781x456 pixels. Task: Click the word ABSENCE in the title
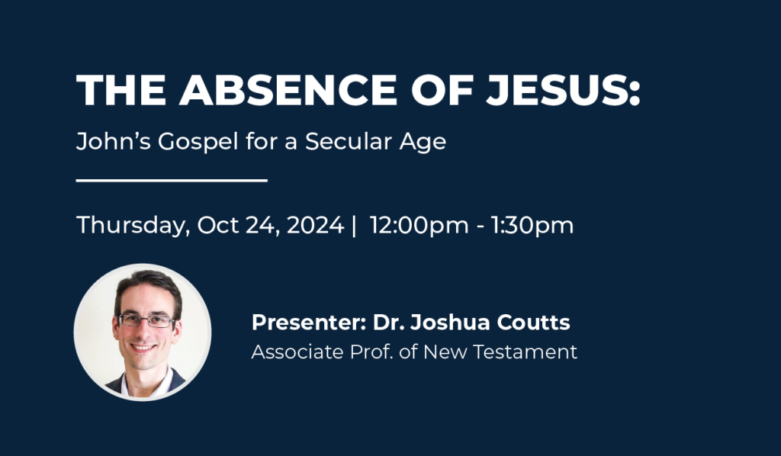coord(288,90)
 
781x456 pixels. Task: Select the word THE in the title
coord(121,90)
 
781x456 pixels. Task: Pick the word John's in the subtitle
coord(113,141)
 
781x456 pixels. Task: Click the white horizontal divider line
coord(172,180)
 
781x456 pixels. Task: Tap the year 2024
coord(315,224)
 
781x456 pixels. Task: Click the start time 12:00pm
coord(419,226)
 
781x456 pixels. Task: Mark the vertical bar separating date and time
coord(354,226)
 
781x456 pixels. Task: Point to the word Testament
coord(525,352)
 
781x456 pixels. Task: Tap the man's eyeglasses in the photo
coord(146,320)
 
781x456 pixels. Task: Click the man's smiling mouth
coord(144,348)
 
